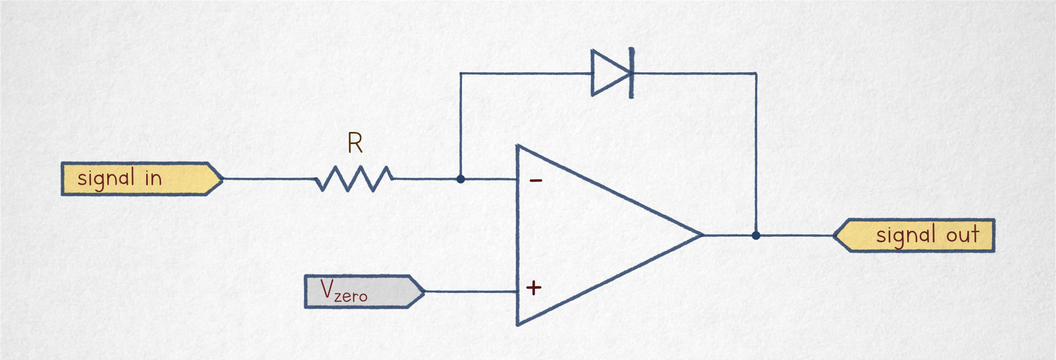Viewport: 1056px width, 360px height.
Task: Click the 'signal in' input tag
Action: tap(140, 179)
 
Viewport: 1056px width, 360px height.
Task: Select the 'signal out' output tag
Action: tap(916, 235)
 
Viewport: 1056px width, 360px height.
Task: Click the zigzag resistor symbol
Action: tap(354, 179)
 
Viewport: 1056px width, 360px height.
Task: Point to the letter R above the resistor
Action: tap(355, 143)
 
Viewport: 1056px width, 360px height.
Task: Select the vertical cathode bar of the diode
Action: tap(631, 73)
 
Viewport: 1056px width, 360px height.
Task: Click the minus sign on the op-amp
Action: tap(536, 181)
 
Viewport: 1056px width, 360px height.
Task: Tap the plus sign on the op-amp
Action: tap(534, 288)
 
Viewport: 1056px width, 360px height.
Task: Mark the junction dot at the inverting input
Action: tap(460, 179)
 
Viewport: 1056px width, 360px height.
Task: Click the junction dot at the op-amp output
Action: tap(756, 235)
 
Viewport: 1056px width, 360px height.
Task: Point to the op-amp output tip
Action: tap(701, 235)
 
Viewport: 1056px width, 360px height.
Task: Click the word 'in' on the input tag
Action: tap(153, 178)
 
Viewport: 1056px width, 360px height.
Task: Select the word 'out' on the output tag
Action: tap(963, 234)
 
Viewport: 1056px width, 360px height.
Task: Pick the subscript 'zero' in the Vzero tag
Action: tap(351, 297)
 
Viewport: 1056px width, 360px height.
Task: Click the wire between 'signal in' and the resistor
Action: tap(269, 179)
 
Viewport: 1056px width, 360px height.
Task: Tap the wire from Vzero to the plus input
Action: tap(470, 291)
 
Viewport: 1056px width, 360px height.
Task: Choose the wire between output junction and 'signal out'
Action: tap(795, 235)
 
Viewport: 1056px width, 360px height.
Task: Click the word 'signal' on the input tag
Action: tap(106, 178)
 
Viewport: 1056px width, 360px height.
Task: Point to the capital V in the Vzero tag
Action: tap(327, 289)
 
